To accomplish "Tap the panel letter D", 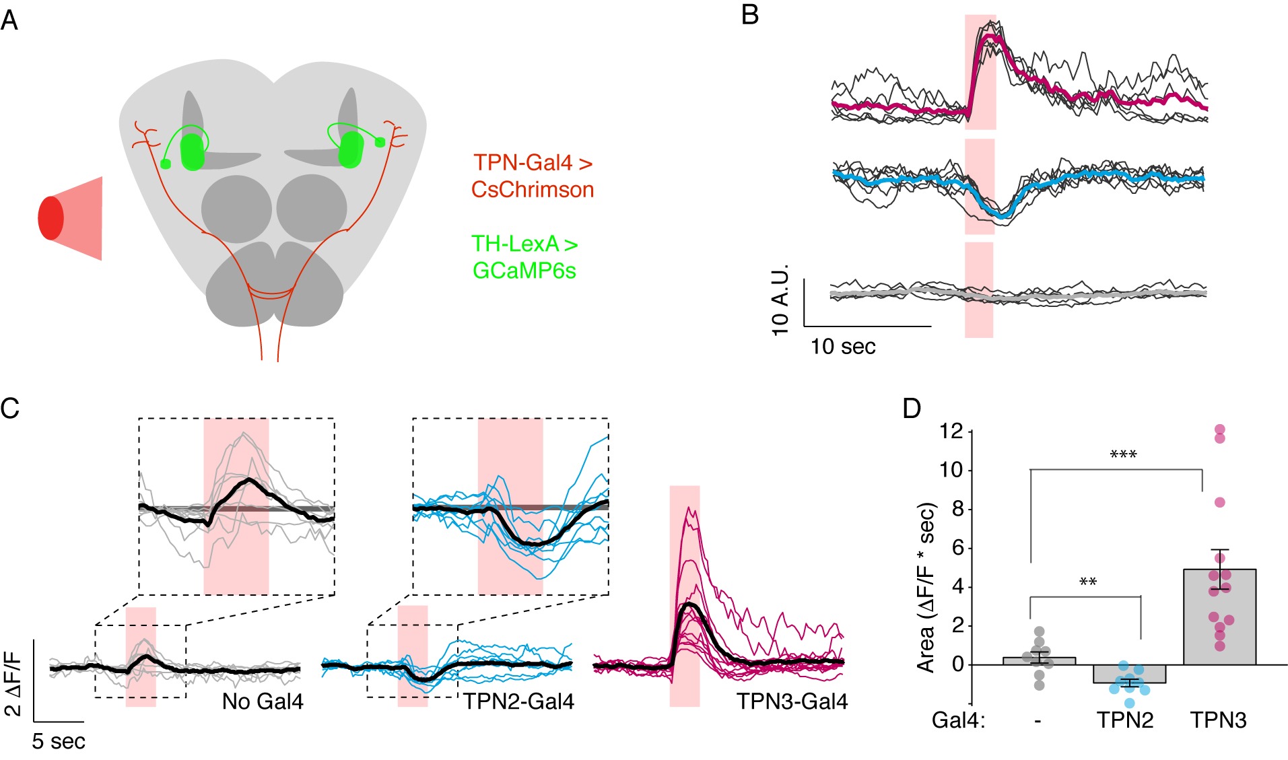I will [x=911, y=409].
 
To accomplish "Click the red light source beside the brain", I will [x=51, y=218].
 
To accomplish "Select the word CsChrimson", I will [x=533, y=190].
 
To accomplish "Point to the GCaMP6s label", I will [x=524, y=271].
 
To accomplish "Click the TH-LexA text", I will [x=514, y=244].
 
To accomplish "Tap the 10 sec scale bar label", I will [x=843, y=347].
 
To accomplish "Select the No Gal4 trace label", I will [x=263, y=701].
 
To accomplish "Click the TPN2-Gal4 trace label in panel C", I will [x=518, y=701].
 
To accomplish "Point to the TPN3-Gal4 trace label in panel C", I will [x=792, y=701].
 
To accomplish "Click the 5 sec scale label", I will [x=59, y=741].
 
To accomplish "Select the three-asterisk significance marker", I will [x=1123, y=456].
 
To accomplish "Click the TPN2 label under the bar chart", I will [x=1125, y=720].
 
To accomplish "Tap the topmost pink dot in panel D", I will [x=1219, y=429].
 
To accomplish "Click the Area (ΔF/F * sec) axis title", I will [x=926, y=587].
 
